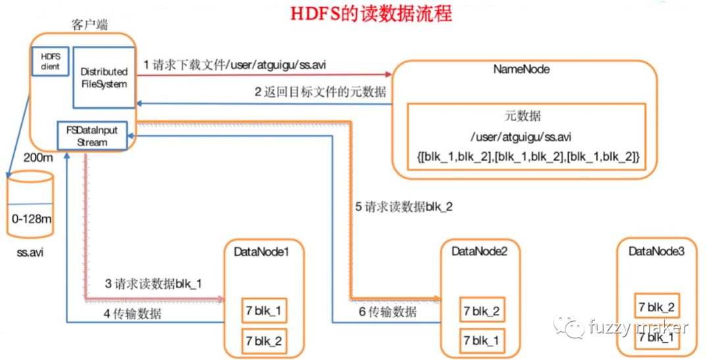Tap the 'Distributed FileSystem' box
103,77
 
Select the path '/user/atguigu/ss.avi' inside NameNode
525,137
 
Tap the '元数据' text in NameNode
525,116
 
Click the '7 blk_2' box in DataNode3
656,307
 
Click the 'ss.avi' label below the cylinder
30,252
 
